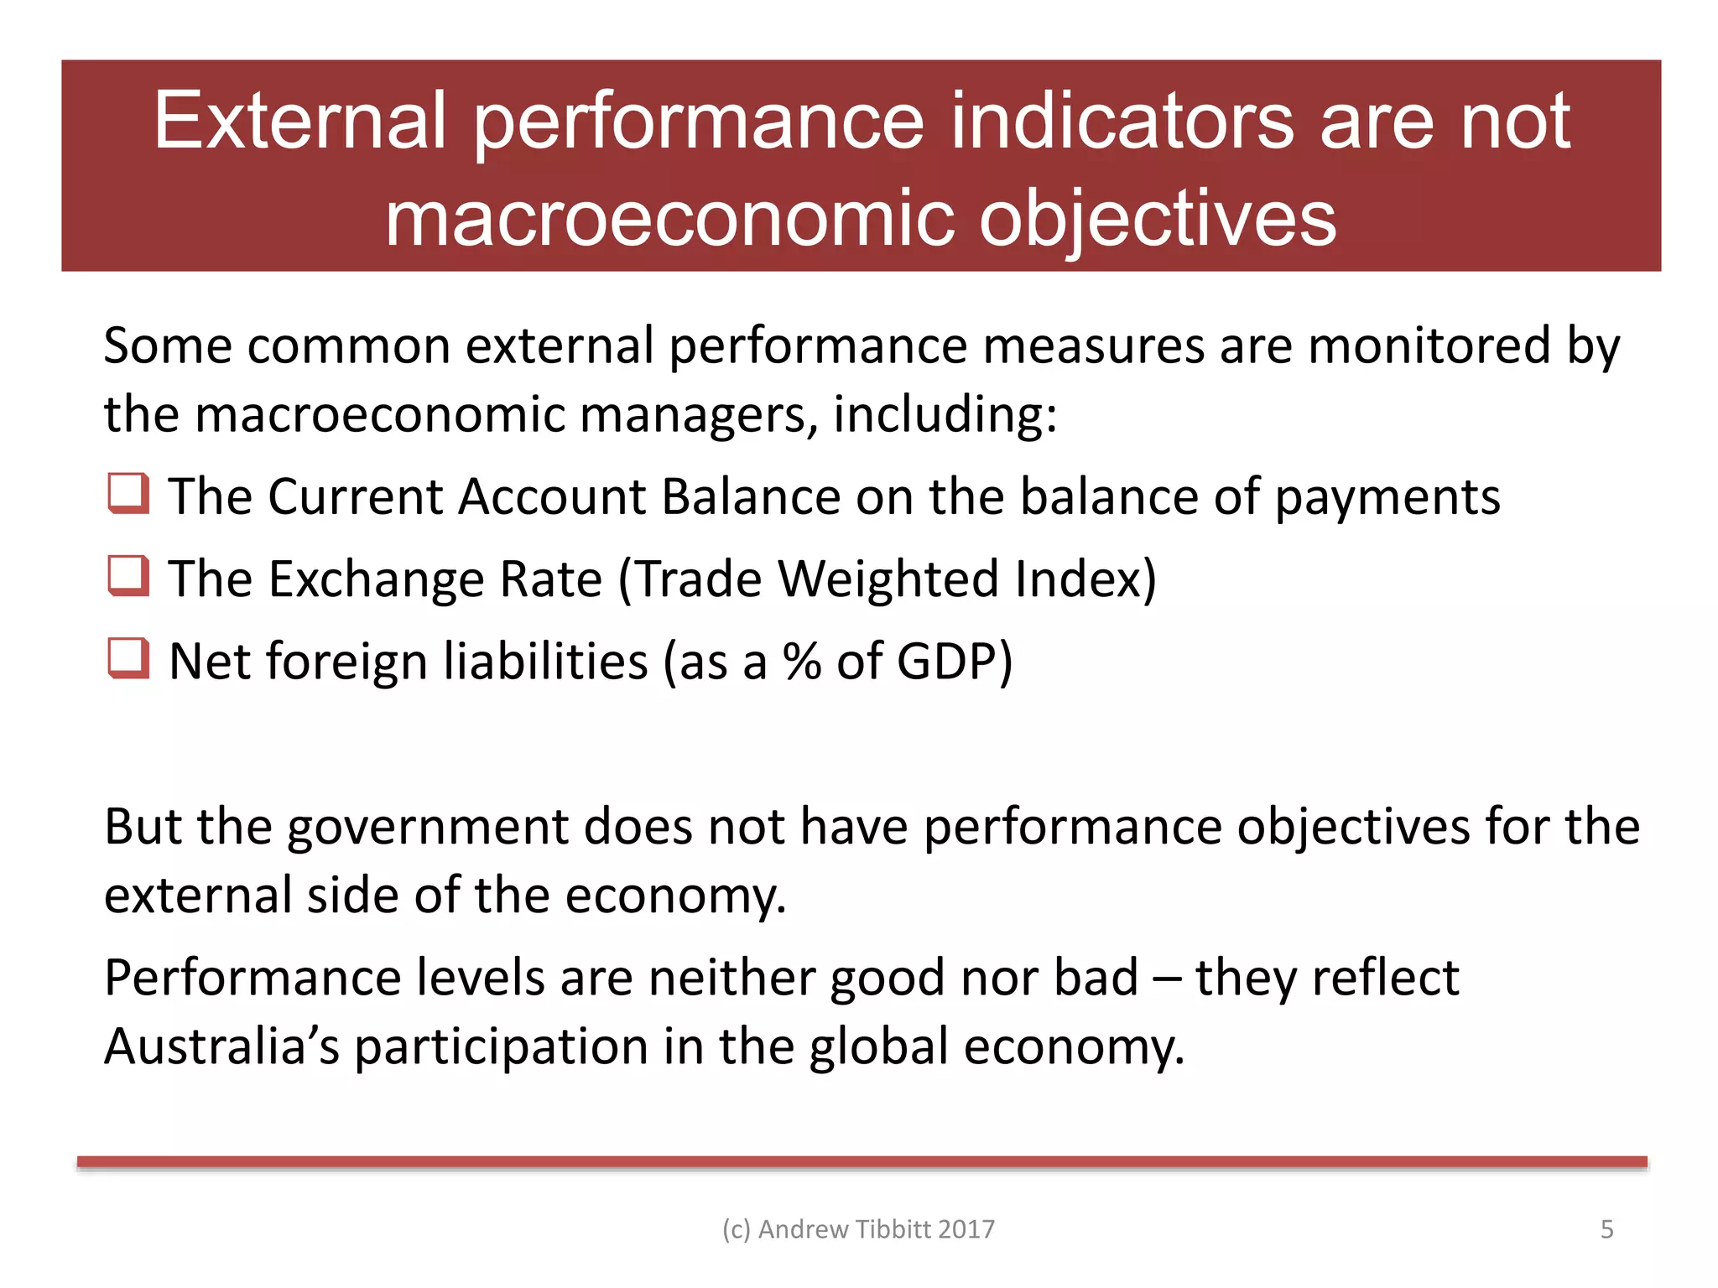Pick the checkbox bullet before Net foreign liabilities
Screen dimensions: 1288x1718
click(128, 658)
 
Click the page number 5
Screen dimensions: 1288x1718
click(1606, 1229)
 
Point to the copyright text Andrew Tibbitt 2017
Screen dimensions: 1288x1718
click(858, 1229)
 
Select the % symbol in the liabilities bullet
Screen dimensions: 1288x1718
click(802, 661)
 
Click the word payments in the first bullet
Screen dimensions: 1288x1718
click(1387, 496)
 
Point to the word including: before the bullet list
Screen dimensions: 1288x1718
click(945, 414)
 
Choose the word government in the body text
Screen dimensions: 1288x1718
click(428, 827)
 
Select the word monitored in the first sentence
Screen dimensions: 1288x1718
click(1429, 345)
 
